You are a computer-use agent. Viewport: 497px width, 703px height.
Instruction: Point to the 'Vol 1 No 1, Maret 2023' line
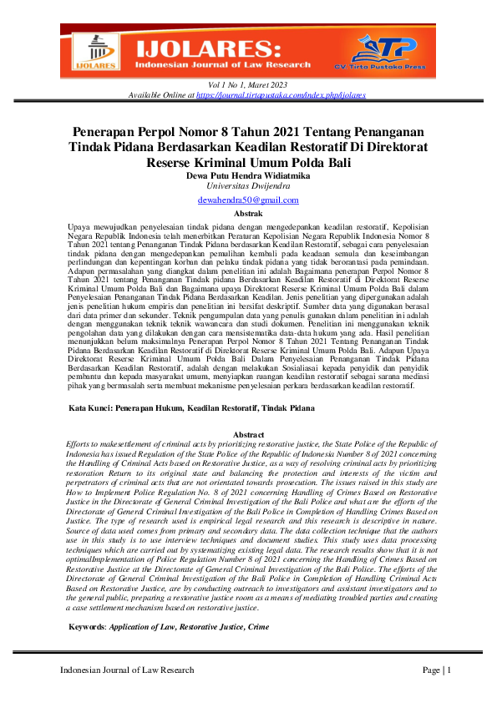coord(248,85)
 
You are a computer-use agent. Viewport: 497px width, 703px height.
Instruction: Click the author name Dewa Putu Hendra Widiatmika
coord(248,176)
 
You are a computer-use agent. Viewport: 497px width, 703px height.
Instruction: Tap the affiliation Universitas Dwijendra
coord(248,188)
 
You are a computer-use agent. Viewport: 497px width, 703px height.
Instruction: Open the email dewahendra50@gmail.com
coord(248,201)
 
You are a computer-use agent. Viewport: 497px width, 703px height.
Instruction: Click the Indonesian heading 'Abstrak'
coord(248,214)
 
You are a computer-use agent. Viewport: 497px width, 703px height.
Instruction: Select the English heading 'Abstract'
coord(248,435)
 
